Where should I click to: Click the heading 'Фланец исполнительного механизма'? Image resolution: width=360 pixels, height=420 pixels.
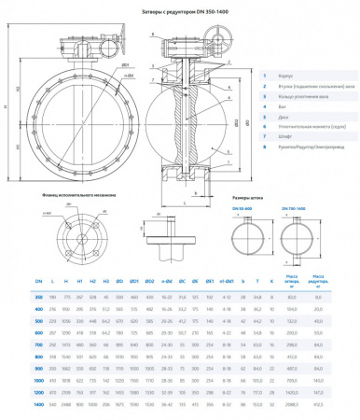[x=73, y=194]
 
